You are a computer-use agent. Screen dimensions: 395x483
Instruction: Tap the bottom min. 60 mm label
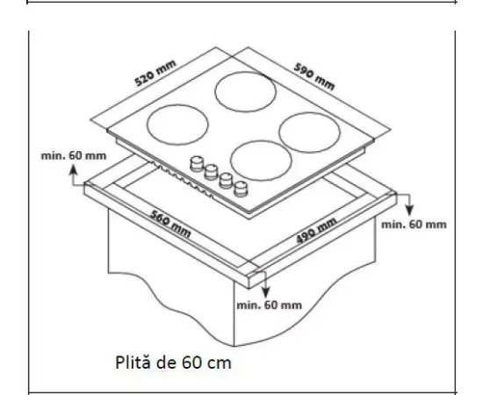coord(269,305)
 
